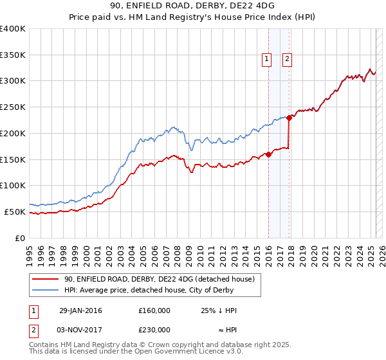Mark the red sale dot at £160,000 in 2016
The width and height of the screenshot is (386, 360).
pos(268,154)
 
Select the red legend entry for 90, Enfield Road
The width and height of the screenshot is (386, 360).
pos(160,279)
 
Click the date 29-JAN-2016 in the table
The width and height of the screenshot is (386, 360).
pos(80,310)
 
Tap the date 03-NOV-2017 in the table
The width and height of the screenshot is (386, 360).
pos(80,329)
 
